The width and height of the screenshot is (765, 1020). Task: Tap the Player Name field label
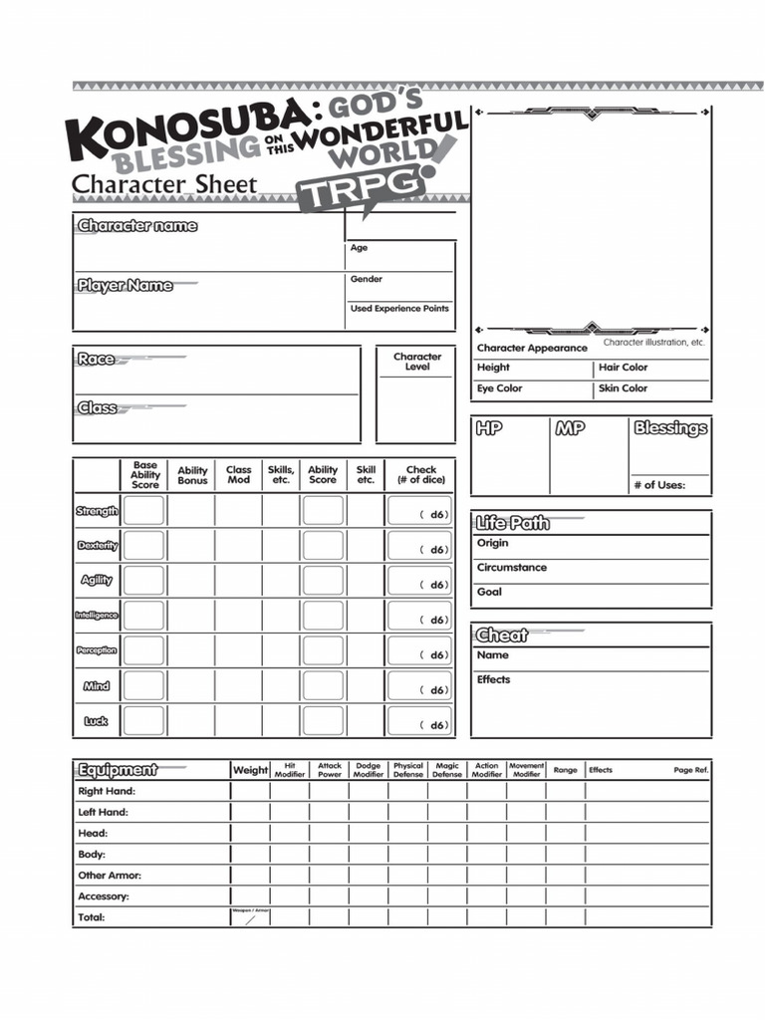[126, 286]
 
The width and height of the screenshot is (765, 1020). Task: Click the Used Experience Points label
[399, 309]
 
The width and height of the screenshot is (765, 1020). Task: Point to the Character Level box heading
[417, 362]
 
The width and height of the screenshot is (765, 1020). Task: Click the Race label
[96, 360]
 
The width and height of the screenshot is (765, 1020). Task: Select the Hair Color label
[623, 368]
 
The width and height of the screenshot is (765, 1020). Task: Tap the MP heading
[571, 428]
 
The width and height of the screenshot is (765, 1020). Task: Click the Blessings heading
[670, 428]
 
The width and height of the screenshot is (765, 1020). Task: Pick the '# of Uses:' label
[658, 485]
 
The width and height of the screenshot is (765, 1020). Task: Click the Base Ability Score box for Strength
[144, 511]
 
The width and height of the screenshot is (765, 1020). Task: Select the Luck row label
[96, 721]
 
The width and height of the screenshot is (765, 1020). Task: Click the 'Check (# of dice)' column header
[420, 474]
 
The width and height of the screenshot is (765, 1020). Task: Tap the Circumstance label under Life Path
[511, 568]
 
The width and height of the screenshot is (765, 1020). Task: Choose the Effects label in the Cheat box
[493, 679]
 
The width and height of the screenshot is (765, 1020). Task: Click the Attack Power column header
[330, 770]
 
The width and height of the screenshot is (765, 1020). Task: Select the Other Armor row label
[110, 876]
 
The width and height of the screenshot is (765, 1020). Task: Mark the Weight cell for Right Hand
[250, 791]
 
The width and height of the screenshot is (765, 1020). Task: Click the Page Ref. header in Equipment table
[690, 770]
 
